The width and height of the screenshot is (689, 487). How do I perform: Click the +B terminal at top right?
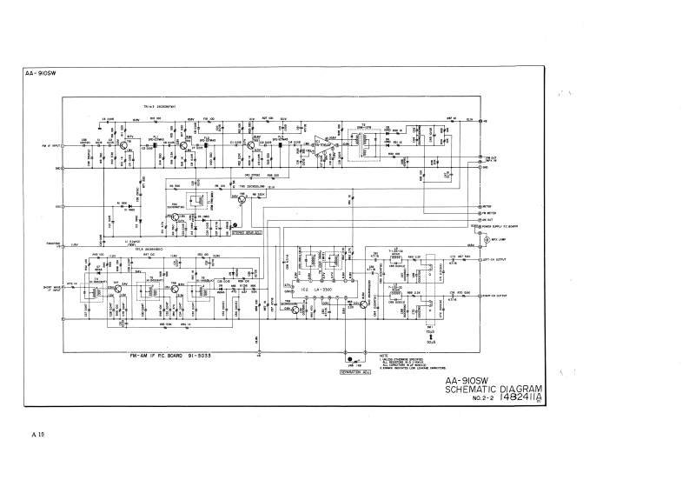(484, 121)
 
